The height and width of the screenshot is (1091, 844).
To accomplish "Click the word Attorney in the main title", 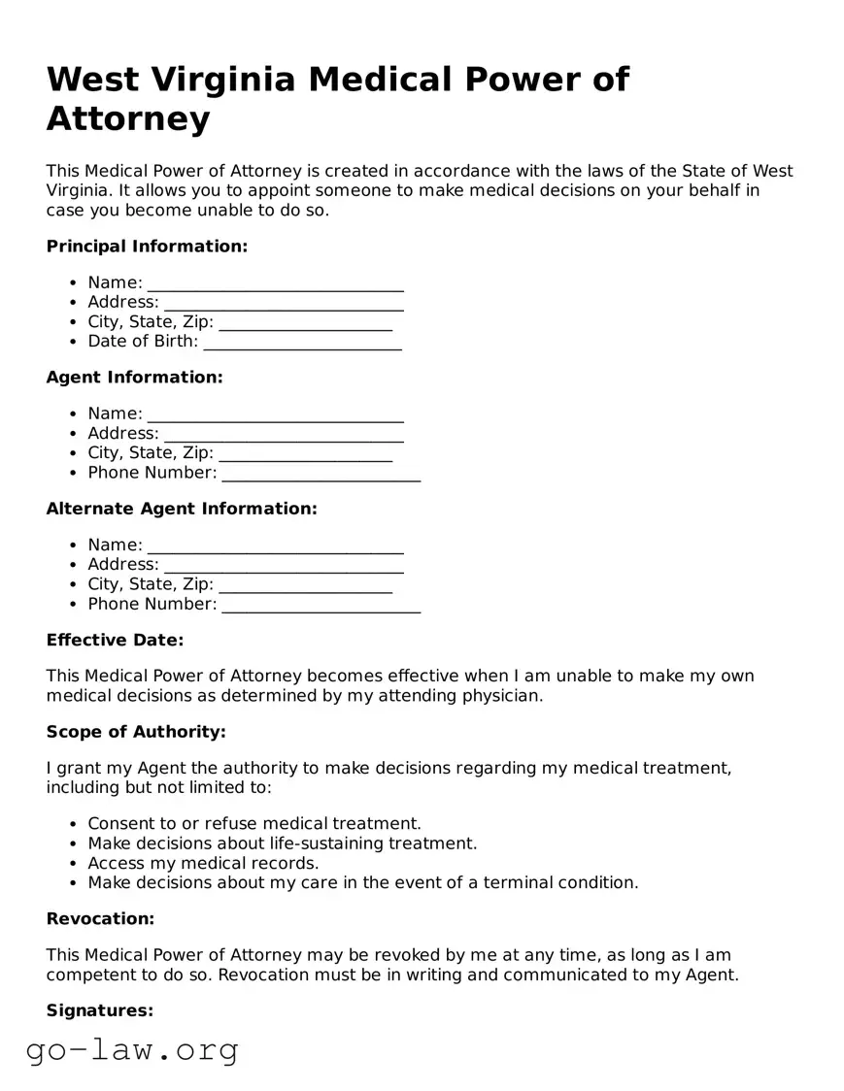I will click(128, 118).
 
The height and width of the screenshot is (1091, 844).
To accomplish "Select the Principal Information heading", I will click(147, 247).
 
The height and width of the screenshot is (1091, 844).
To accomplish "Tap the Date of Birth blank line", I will click(302, 343).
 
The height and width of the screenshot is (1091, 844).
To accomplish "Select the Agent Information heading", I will click(134, 378).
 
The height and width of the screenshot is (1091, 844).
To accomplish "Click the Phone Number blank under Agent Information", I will click(321, 474).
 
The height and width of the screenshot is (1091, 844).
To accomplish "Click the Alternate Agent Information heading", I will click(182, 509).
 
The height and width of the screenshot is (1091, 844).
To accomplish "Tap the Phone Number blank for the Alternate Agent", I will click(321, 605).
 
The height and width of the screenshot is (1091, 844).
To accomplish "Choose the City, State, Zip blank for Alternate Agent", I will click(305, 585).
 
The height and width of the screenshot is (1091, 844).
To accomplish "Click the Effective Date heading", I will click(115, 641).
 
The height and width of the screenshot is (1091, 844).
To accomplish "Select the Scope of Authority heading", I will click(136, 732).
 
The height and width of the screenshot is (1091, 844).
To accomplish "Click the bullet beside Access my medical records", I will click(74, 864).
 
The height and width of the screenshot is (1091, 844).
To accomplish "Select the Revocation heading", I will click(100, 919).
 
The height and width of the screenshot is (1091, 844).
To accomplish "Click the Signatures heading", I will click(99, 1011).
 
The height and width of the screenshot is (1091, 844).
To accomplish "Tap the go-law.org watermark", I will click(132, 1050).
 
